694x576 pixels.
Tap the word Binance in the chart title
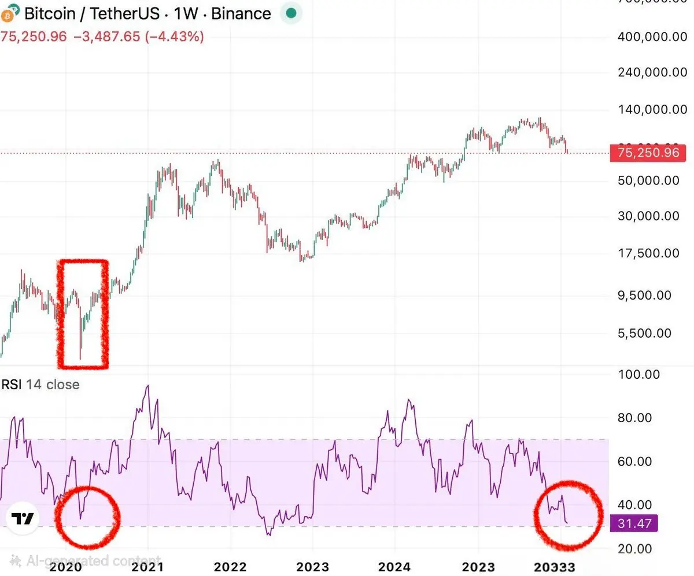tap(241, 14)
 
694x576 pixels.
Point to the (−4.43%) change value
tap(174, 37)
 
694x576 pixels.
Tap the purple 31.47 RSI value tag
tap(634, 524)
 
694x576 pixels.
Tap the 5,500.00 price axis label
tap(649, 333)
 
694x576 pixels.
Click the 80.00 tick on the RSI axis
tap(635, 418)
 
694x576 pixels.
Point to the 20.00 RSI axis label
tap(635, 548)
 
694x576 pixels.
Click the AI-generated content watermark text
tap(86, 560)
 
